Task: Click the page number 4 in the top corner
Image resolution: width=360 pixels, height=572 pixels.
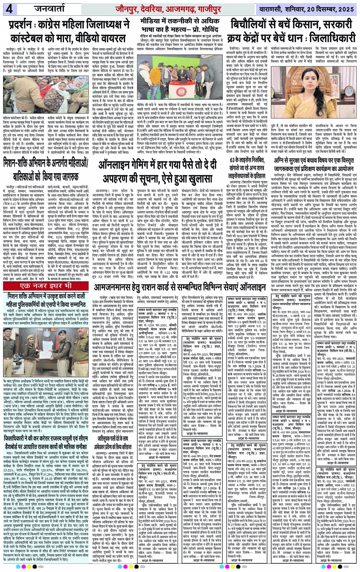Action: (9, 9)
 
